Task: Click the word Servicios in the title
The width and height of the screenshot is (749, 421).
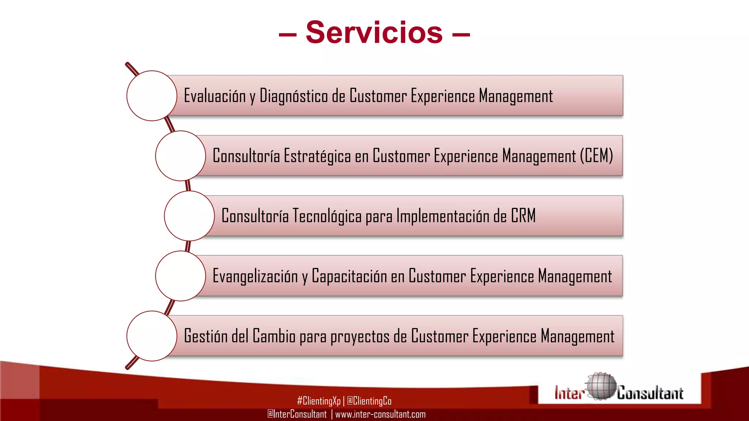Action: (x=374, y=33)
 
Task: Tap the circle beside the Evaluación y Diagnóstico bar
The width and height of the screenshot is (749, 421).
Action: (x=152, y=96)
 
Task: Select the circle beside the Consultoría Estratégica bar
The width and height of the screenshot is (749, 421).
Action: (x=180, y=156)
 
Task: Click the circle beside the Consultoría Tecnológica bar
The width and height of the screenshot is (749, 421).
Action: (x=189, y=216)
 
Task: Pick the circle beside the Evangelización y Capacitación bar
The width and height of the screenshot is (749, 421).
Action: (x=180, y=276)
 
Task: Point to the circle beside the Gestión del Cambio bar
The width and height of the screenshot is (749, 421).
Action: (x=152, y=336)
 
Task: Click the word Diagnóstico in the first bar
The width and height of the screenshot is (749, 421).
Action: (x=293, y=96)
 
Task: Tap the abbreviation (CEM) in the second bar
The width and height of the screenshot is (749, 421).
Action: (x=596, y=156)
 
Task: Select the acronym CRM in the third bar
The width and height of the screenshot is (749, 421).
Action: (x=523, y=216)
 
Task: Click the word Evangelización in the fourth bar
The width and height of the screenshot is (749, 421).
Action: (x=255, y=276)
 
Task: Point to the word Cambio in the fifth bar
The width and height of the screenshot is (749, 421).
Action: (x=274, y=336)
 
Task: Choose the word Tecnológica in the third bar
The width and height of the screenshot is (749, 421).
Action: (x=327, y=216)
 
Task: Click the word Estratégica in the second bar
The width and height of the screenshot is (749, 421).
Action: (x=317, y=156)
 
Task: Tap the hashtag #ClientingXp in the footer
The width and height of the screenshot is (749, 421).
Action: (x=319, y=401)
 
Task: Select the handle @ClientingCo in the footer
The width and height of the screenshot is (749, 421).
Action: (x=369, y=401)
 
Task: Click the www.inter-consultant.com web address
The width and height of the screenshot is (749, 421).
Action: (x=380, y=414)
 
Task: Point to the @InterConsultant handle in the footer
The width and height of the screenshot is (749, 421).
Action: (x=297, y=414)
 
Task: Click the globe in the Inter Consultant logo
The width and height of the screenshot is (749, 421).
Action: (x=601, y=386)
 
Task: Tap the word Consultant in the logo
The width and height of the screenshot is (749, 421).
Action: (x=650, y=393)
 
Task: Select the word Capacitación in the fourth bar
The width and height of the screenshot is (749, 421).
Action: (x=349, y=276)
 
